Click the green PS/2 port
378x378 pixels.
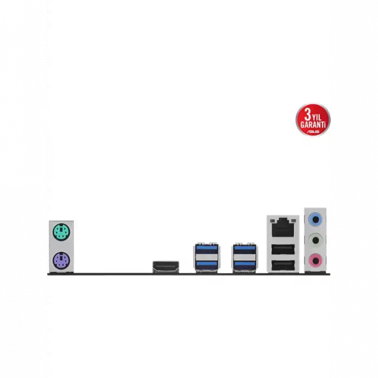point(61,232)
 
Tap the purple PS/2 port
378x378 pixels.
point(61,261)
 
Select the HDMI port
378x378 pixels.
point(166,267)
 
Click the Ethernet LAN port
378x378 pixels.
point(283,227)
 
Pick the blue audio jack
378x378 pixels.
point(315,219)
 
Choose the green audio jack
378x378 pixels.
point(315,240)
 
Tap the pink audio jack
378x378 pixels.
point(315,260)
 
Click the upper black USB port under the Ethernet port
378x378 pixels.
point(283,249)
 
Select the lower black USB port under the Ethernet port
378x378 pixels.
point(283,266)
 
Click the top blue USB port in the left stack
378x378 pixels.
point(207,249)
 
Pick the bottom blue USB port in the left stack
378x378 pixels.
point(207,265)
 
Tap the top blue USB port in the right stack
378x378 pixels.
point(245,249)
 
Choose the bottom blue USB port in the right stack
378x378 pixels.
point(245,265)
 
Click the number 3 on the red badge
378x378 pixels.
point(308,114)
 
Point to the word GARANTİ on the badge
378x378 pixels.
point(313,125)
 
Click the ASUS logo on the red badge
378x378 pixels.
point(313,132)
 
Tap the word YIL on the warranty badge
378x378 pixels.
point(317,117)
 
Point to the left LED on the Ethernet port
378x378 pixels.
point(273,221)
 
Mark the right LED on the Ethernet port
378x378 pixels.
point(293,221)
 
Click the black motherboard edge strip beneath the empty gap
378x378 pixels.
point(113,274)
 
